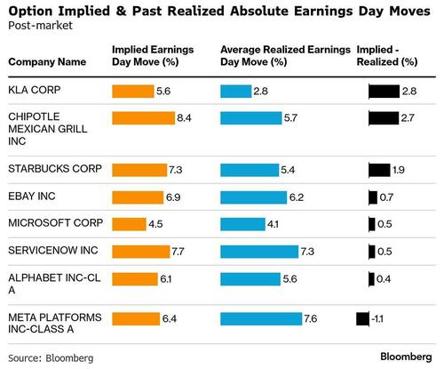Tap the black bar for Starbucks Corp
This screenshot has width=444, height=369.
[x=379, y=170]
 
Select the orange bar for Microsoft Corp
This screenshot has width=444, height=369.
[x=129, y=225]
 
